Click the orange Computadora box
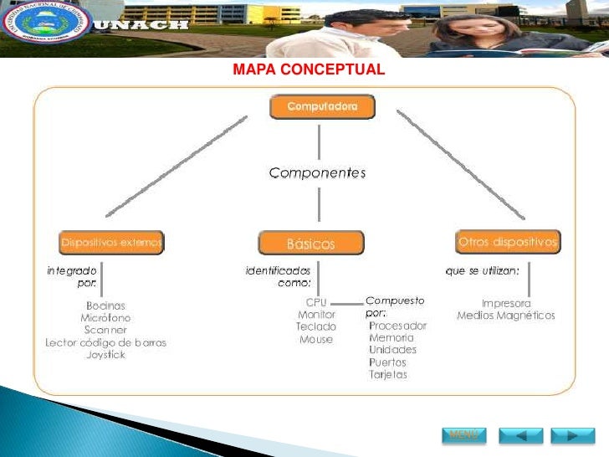click(322, 107)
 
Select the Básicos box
click(311, 244)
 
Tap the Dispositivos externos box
click(111, 243)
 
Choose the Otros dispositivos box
click(508, 242)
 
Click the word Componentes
click(317, 173)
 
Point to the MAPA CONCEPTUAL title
click(309, 69)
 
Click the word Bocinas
click(105, 306)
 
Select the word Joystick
click(105, 355)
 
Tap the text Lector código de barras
click(105, 342)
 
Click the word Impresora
click(506, 303)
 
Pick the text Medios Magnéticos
click(506, 316)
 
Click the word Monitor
click(316, 315)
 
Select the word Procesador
click(397, 326)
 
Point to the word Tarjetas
click(388, 374)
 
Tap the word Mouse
click(316, 340)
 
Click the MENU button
click(463, 435)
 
